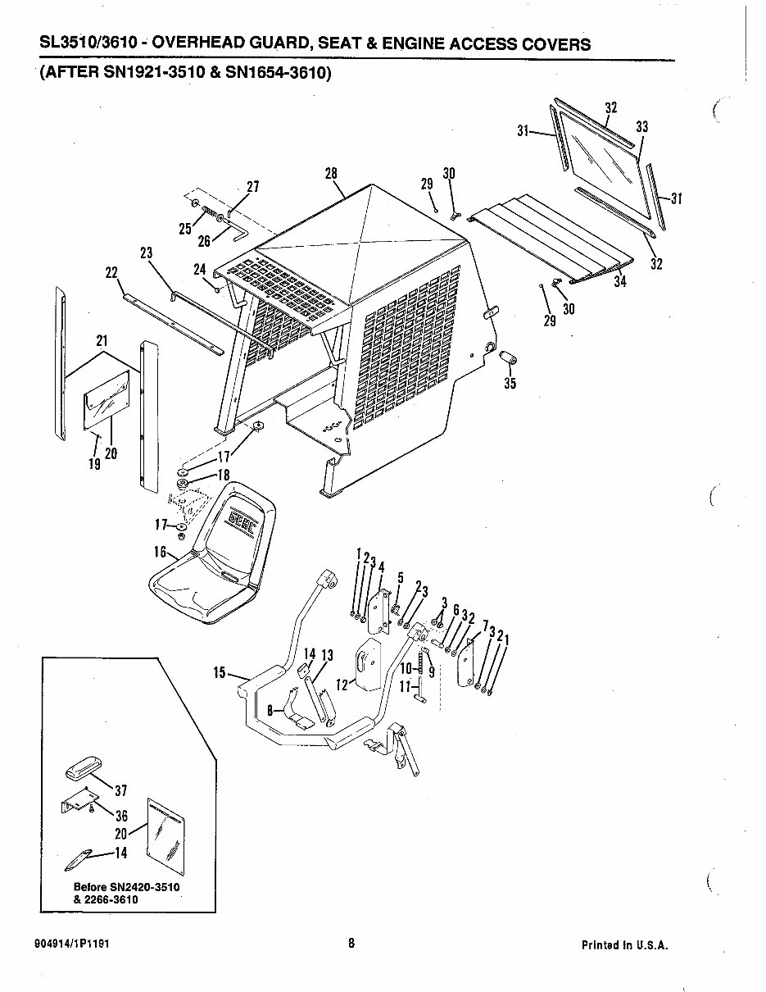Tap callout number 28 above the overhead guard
[331, 174]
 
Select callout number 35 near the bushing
[510, 383]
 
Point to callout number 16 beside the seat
[160, 552]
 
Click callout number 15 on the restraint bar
[220, 674]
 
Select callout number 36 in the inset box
[121, 816]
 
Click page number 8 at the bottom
[351, 943]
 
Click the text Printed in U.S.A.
[625, 944]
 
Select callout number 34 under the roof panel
[620, 281]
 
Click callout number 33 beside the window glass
[642, 127]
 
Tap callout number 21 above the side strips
[102, 340]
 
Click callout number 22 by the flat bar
[112, 272]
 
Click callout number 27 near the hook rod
[252, 186]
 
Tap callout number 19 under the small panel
[94, 464]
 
